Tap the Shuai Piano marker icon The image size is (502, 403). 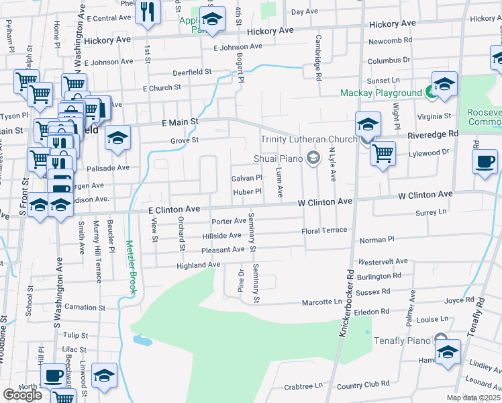[x=312, y=159]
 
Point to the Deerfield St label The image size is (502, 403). [x=191, y=71]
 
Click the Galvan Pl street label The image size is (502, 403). [x=246, y=178]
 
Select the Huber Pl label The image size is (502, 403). [x=246, y=191]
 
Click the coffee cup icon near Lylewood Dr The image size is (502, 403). [x=485, y=161]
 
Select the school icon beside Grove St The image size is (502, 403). [x=118, y=137]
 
